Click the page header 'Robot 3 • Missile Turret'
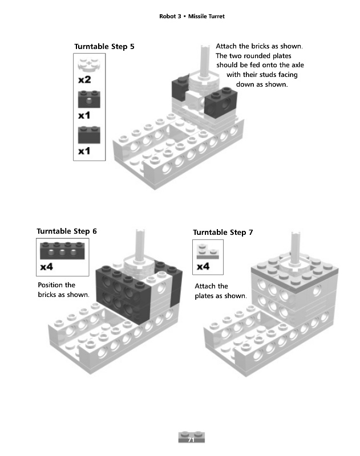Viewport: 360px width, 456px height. coord(192,17)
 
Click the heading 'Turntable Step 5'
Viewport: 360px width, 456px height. coord(104,47)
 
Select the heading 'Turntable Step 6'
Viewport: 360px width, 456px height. coord(67,231)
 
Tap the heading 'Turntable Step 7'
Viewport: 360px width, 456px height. coord(223,233)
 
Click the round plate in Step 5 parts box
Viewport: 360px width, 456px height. coord(89,64)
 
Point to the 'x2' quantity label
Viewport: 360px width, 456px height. coord(84,79)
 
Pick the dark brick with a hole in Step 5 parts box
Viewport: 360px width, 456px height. coord(89,99)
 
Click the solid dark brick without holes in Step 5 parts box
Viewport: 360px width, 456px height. coord(89,135)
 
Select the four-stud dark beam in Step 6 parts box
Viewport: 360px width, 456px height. coord(62,250)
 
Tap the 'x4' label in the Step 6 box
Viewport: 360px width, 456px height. coord(47,267)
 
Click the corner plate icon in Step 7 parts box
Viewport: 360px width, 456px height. coord(208,251)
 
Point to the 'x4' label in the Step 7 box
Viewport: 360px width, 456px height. coord(203,266)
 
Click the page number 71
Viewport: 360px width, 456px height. coord(191,439)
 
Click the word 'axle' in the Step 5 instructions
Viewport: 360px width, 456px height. coord(298,65)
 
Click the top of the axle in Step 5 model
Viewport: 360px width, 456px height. coord(205,47)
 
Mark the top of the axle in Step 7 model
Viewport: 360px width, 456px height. coord(296,234)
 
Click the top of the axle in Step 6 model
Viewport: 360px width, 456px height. coord(140,231)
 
